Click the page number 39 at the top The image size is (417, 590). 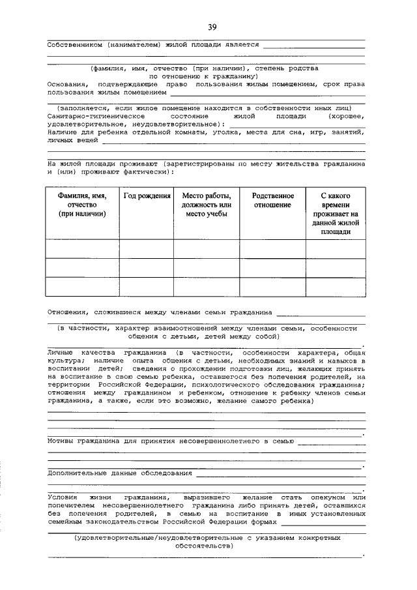[212, 27]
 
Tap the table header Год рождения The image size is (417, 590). [147, 196]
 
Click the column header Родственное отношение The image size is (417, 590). [272, 200]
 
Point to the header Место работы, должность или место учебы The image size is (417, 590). [206, 205]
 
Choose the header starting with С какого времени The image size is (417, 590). [336, 213]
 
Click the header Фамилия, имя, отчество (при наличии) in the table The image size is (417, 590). [82, 205]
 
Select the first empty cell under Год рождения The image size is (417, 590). [147, 248]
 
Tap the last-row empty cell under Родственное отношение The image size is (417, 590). [272, 287]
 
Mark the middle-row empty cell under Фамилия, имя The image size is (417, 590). [82, 268]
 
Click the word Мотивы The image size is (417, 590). [62, 441]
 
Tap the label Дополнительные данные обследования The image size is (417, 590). [120, 473]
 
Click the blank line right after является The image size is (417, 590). [313, 46]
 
